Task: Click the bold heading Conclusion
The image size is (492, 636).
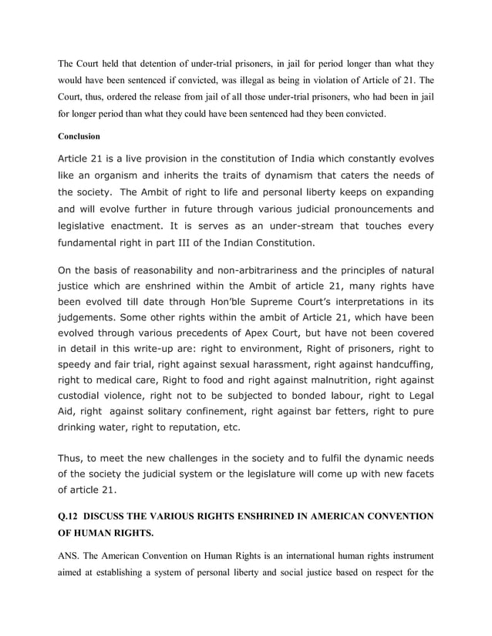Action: (79, 136)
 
